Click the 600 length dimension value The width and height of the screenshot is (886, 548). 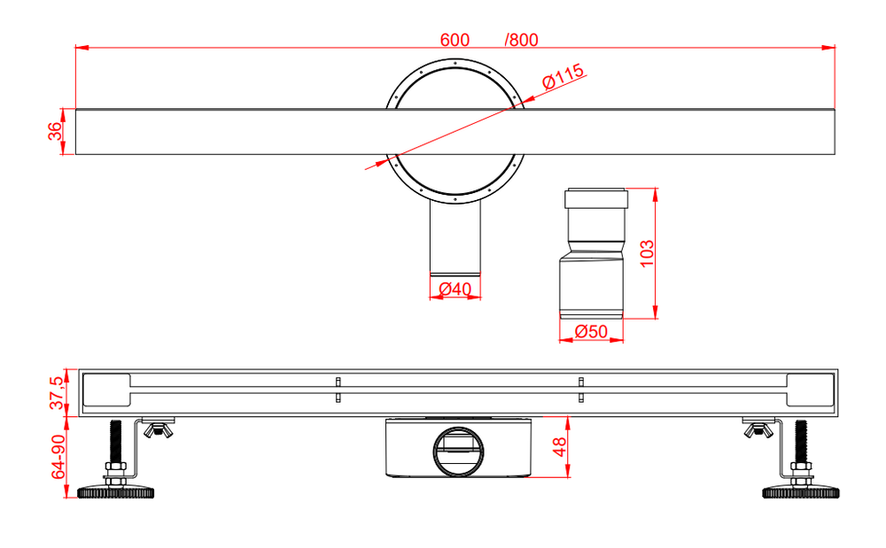pyautogui.click(x=455, y=40)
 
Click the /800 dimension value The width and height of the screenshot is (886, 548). pyautogui.click(x=521, y=40)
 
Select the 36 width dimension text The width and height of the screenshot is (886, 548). pyautogui.click(x=55, y=131)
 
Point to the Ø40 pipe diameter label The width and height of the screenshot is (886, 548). pyautogui.click(x=455, y=289)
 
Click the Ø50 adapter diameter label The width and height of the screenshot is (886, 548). pyautogui.click(x=591, y=331)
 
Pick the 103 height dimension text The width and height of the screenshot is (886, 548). pyautogui.click(x=646, y=252)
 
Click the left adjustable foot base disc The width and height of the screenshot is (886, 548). pyautogui.click(x=117, y=490)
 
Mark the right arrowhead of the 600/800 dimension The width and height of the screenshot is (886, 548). pyautogui.click(x=830, y=48)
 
